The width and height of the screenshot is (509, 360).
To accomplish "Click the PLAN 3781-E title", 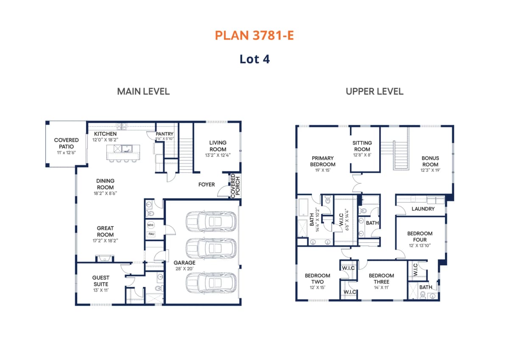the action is [254, 36].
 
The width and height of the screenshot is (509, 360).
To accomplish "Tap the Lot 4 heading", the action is [255, 59].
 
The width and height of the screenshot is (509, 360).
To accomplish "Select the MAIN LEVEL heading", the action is [143, 91].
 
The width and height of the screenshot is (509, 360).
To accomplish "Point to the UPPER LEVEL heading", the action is [375, 91].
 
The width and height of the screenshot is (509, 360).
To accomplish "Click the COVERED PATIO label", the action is [66, 143].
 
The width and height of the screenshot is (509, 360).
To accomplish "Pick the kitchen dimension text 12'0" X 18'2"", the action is [105, 140].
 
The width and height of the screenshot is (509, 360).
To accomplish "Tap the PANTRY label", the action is [165, 134].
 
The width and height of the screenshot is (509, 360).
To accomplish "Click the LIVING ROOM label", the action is [218, 146].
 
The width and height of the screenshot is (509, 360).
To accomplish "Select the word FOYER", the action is [207, 184].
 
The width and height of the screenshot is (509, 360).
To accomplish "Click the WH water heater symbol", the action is [151, 225].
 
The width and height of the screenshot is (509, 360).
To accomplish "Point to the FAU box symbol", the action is [151, 234].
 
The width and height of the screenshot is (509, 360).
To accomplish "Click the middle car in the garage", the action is [211, 248].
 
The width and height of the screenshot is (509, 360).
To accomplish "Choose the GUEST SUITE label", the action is [101, 281].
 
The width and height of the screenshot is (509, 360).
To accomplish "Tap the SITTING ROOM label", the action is [362, 146].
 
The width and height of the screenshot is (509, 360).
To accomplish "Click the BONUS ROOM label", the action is [431, 161].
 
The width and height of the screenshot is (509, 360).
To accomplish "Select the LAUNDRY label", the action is [423, 209].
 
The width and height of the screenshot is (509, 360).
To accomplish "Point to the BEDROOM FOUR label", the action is [420, 236].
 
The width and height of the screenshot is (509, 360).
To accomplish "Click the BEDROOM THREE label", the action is [381, 278].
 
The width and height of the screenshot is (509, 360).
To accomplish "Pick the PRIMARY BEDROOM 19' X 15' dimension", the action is [323, 170].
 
